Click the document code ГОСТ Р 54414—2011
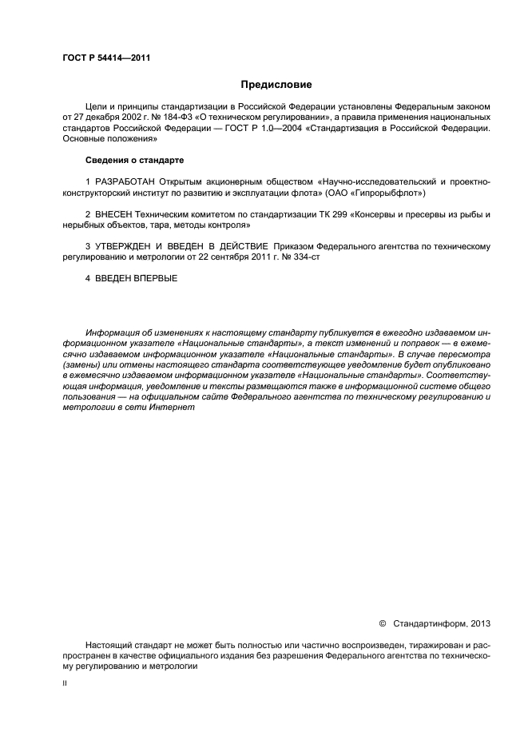(x=106, y=58)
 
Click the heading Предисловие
(x=276, y=84)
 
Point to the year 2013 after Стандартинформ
(x=482, y=623)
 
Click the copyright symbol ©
(x=382, y=623)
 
